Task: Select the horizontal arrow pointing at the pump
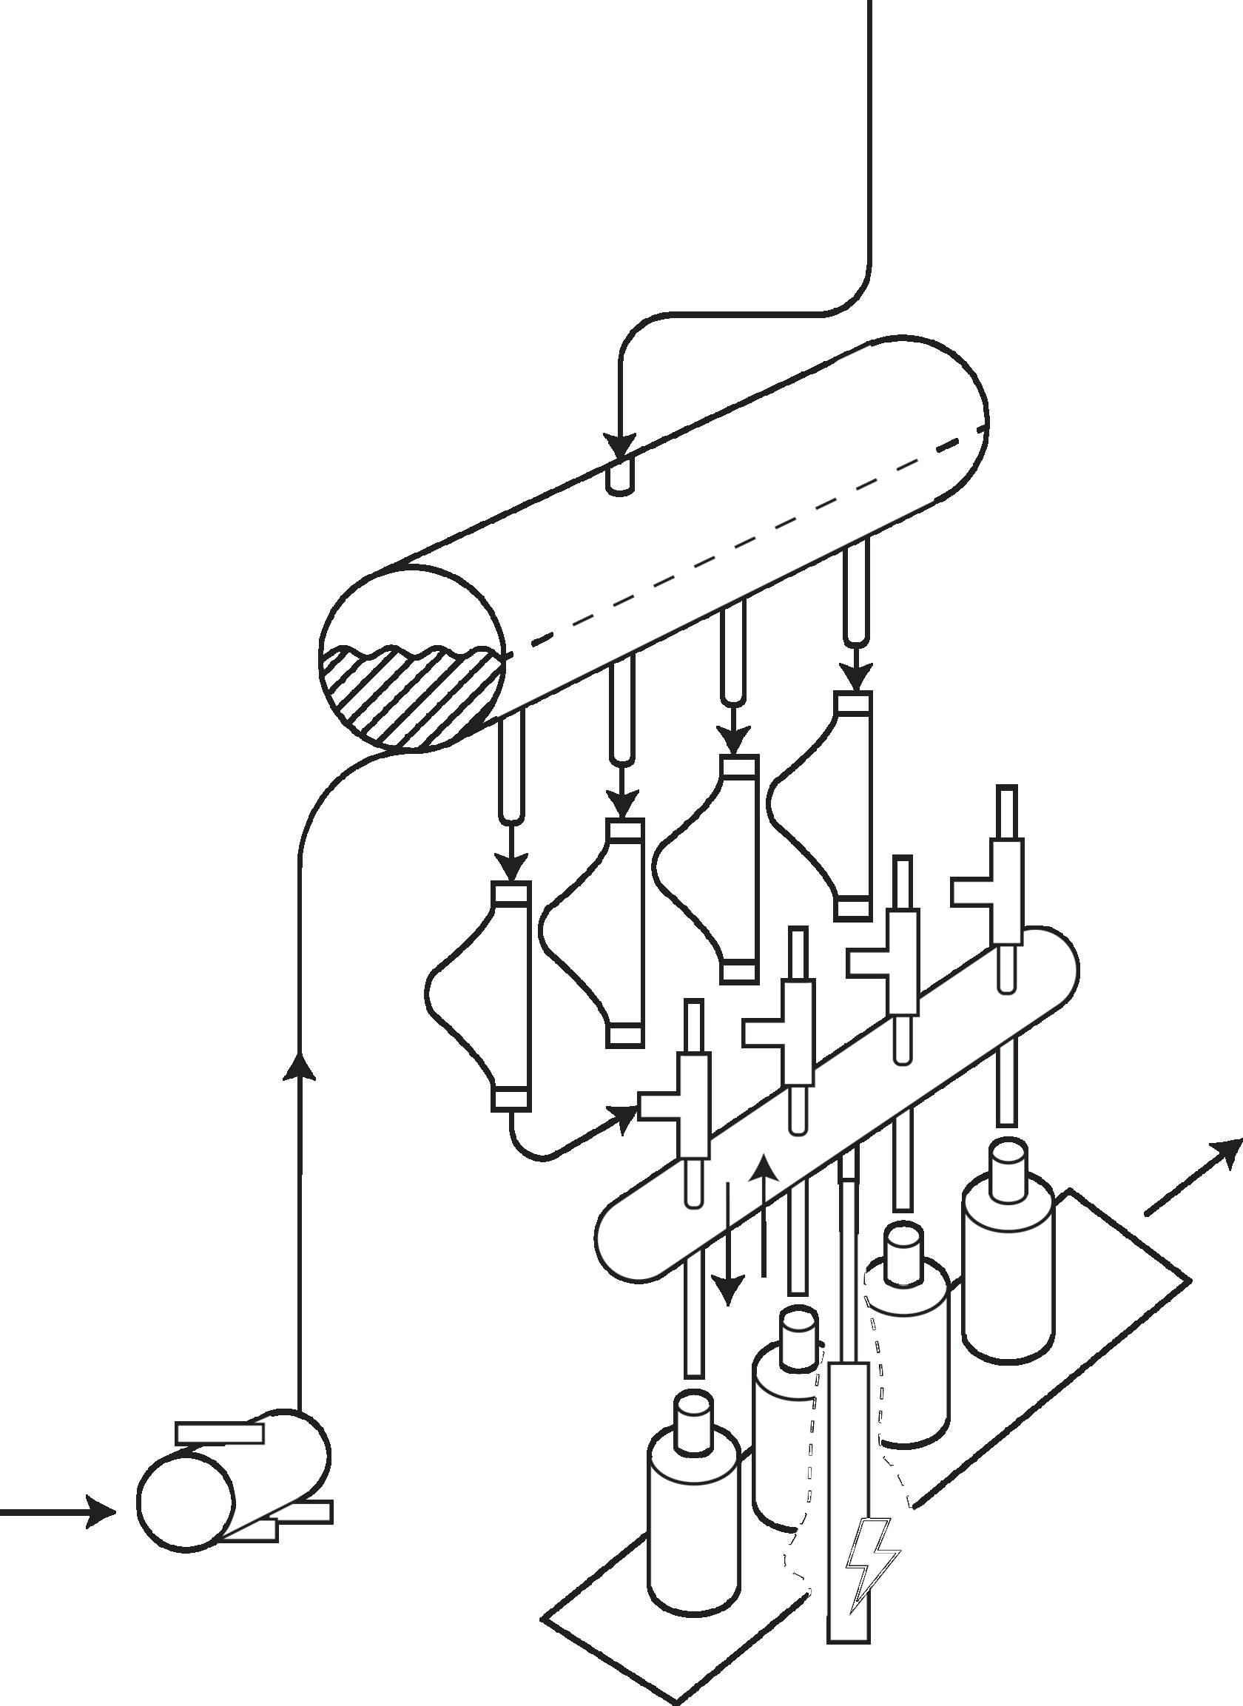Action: (x=60, y=1511)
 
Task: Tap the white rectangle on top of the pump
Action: (x=219, y=1433)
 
